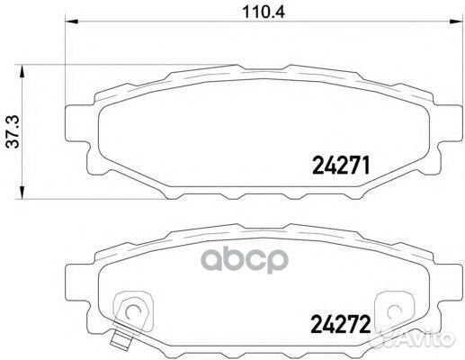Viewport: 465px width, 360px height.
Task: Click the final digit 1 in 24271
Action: (x=367, y=165)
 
